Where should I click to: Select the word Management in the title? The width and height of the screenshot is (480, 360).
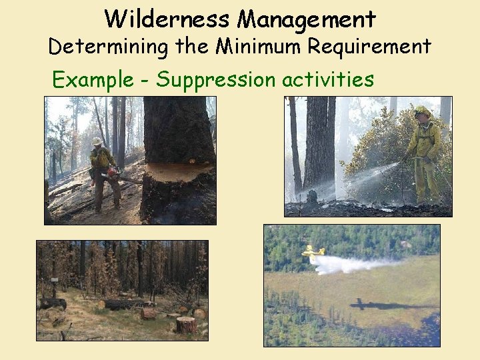tap(307, 19)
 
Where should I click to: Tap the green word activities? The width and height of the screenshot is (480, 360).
tap(327, 79)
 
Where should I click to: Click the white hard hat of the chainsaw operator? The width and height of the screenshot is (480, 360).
tap(97, 141)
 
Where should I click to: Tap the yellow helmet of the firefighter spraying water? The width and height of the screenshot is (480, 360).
tap(422, 111)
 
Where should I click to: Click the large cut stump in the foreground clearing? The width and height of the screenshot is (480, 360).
tap(186, 325)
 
